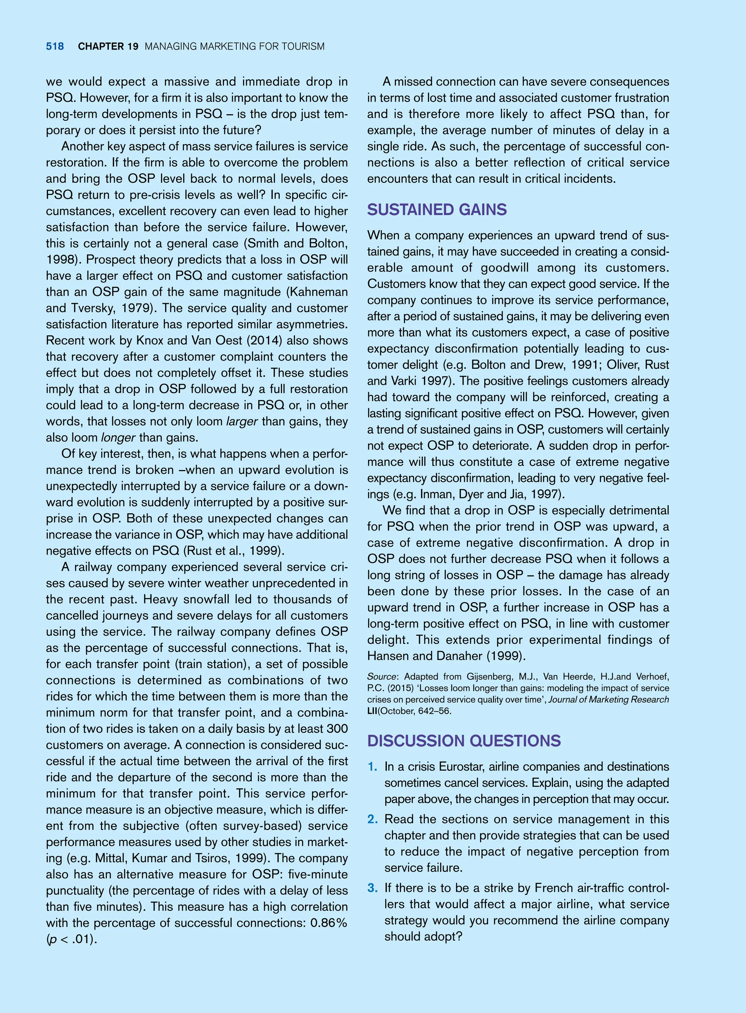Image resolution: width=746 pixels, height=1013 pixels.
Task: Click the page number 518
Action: tap(55, 47)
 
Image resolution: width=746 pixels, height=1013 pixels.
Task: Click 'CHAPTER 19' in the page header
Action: tap(108, 47)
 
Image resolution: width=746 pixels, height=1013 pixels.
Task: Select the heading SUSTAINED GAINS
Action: tap(437, 210)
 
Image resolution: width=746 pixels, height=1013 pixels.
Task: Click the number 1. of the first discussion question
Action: tap(373, 767)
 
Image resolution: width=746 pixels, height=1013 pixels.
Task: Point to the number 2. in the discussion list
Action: tap(373, 819)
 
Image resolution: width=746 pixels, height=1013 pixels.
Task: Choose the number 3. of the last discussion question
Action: tap(373, 888)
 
